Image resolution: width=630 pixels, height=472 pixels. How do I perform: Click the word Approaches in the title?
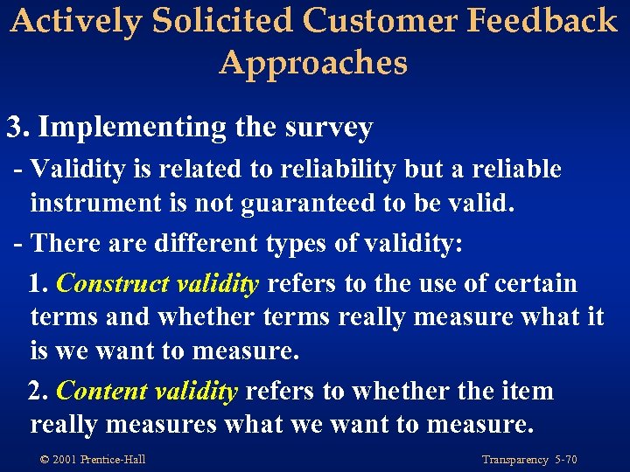[313, 63]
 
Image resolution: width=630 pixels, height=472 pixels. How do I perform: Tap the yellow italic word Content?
[101, 391]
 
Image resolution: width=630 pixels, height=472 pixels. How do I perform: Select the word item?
[529, 391]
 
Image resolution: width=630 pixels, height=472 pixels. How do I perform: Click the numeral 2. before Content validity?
[38, 391]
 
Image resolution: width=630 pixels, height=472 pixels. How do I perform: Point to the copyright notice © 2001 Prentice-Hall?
[91, 460]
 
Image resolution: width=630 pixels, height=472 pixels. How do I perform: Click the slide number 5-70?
[565, 460]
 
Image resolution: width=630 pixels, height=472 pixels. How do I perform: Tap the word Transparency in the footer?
[515, 460]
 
